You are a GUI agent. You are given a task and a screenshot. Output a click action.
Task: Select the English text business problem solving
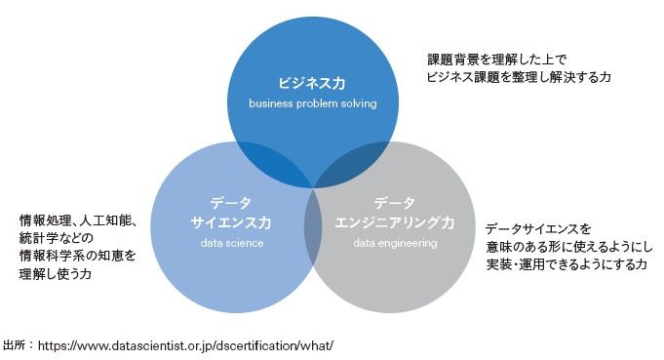312,102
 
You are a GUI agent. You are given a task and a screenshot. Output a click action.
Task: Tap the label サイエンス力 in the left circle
231,222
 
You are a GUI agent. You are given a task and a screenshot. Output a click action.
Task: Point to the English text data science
231,243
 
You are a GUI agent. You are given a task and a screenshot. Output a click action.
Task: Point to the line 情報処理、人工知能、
77,220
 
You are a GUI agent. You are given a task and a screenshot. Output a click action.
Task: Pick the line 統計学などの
56,238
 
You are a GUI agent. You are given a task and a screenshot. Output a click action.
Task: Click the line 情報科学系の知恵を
77,256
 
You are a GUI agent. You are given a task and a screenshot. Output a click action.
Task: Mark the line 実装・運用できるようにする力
566,264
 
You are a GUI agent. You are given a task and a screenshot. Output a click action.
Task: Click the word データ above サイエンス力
231,203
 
